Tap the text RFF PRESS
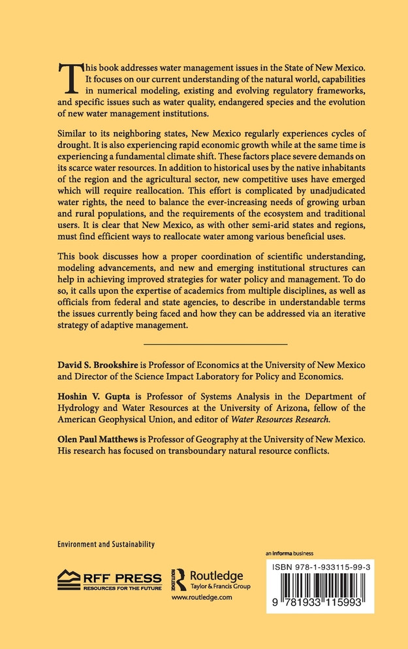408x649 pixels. tap(121, 577)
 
